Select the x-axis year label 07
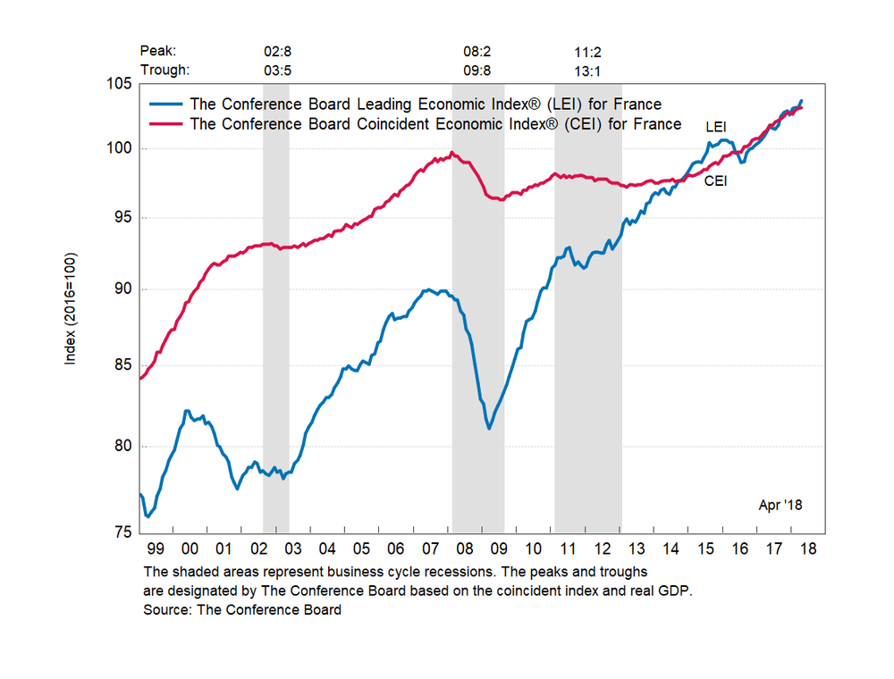430,548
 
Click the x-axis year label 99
156,548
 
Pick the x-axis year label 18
807,548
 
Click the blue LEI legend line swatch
165,105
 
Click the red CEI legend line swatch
165,124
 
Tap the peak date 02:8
270,52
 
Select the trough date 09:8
477,71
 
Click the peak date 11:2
587,52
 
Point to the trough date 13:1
587,71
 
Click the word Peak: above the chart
158,52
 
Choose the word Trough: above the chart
165,71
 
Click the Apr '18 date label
780,506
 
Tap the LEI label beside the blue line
715,127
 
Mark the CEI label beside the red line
715,180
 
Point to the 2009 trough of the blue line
489,428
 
